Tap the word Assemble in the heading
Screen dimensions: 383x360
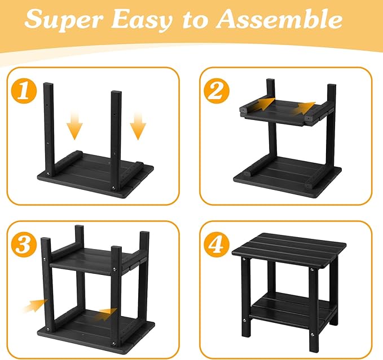pos(279,19)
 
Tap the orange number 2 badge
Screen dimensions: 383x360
pos(217,91)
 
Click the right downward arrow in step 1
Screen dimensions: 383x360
pos(138,126)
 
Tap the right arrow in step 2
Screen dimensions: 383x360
pos(303,108)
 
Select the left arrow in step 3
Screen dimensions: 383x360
pos(35,305)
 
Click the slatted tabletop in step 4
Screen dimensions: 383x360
pos(289,250)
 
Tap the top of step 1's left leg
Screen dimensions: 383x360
pos(49,84)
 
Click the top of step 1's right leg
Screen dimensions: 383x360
pos(116,92)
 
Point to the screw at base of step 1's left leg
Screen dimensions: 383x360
pos(48,174)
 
